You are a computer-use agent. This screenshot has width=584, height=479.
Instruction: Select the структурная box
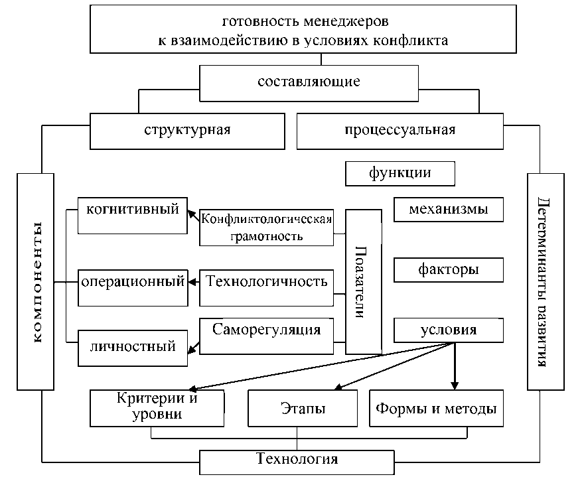pyautogui.click(x=186, y=130)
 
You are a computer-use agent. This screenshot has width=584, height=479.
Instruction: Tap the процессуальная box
pyautogui.click(x=400, y=130)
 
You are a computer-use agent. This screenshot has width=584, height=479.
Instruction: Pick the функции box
pyautogui.click(x=400, y=174)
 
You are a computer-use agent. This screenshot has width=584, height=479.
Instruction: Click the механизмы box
pyautogui.click(x=449, y=210)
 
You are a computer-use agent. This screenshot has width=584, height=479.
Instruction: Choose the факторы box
pyautogui.click(x=449, y=270)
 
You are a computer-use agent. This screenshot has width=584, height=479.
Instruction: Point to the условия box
pyautogui.click(x=449, y=330)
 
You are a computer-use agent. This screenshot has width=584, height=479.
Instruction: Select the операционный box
pyautogui.click(x=132, y=282)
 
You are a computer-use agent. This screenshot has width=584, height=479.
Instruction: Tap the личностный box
pyautogui.click(x=132, y=346)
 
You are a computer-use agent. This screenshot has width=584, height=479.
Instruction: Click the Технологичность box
pyautogui.click(x=267, y=282)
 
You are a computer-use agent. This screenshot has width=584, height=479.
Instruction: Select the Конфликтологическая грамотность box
pyautogui.click(x=266, y=228)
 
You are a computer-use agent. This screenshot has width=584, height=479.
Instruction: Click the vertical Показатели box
pyautogui.click(x=363, y=282)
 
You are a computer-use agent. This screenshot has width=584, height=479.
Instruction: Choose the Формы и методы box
pyautogui.click(x=435, y=408)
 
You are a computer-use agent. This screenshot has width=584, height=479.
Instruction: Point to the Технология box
pyautogui.click(x=297, y=460)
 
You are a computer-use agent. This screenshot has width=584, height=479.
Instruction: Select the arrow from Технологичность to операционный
pyautogui.click(x=193, y=282)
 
